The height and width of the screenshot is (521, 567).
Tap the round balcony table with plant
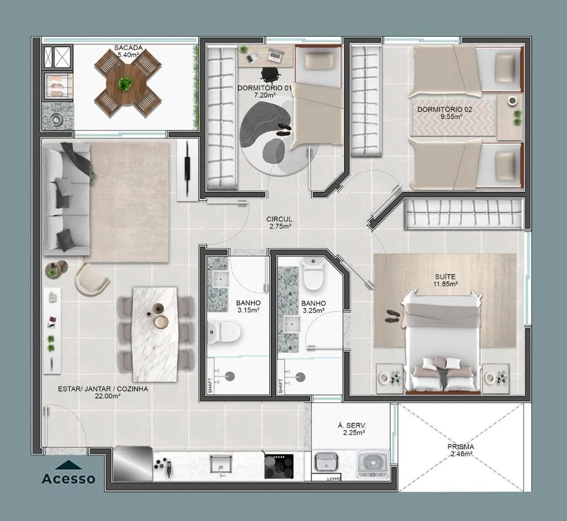coord(125,84)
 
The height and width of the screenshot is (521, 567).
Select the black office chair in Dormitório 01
coord(270,74)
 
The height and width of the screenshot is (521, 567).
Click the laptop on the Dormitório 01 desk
coord(275,54)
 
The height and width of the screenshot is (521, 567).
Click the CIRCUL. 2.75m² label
coord(280,223)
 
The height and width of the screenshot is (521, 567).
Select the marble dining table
coord(155,335)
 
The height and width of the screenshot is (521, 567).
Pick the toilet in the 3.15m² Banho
coord(223,332)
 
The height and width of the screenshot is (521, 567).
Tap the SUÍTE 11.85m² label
coord(445,280)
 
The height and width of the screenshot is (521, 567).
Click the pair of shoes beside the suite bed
coord(393,316)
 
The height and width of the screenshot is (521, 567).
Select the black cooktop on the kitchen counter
coord(279,466)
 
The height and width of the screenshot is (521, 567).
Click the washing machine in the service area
coord(372,464)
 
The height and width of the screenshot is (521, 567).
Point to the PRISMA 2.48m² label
coord(461,450)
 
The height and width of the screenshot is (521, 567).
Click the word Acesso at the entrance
coord(68,479)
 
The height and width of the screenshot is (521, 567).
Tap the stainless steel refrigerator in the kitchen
coord(132,464)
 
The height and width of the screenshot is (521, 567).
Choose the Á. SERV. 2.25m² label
coord(351,429)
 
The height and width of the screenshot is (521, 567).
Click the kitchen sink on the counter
coord(221,464)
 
